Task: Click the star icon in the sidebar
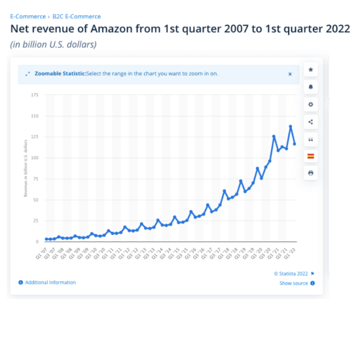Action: [x=311, y=69]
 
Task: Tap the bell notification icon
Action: [x=311, y=87]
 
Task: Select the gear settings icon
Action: [x=311, y=104]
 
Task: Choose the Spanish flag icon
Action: [x=311, y=156]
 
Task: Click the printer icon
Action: [x=311, y=173]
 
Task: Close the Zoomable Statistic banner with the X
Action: [x=290, y=74]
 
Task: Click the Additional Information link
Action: [x=50, y=283]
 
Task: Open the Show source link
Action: [x=294, y=283]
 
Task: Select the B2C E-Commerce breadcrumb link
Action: [x=77, y=16]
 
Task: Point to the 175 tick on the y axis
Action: [x=34, y=95]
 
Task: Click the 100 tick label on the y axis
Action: [x=34, y=158]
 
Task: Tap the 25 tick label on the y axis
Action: [x=35, y=221]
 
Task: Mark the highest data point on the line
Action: [x=291, y=126]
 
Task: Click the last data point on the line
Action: [x=295, y=144]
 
